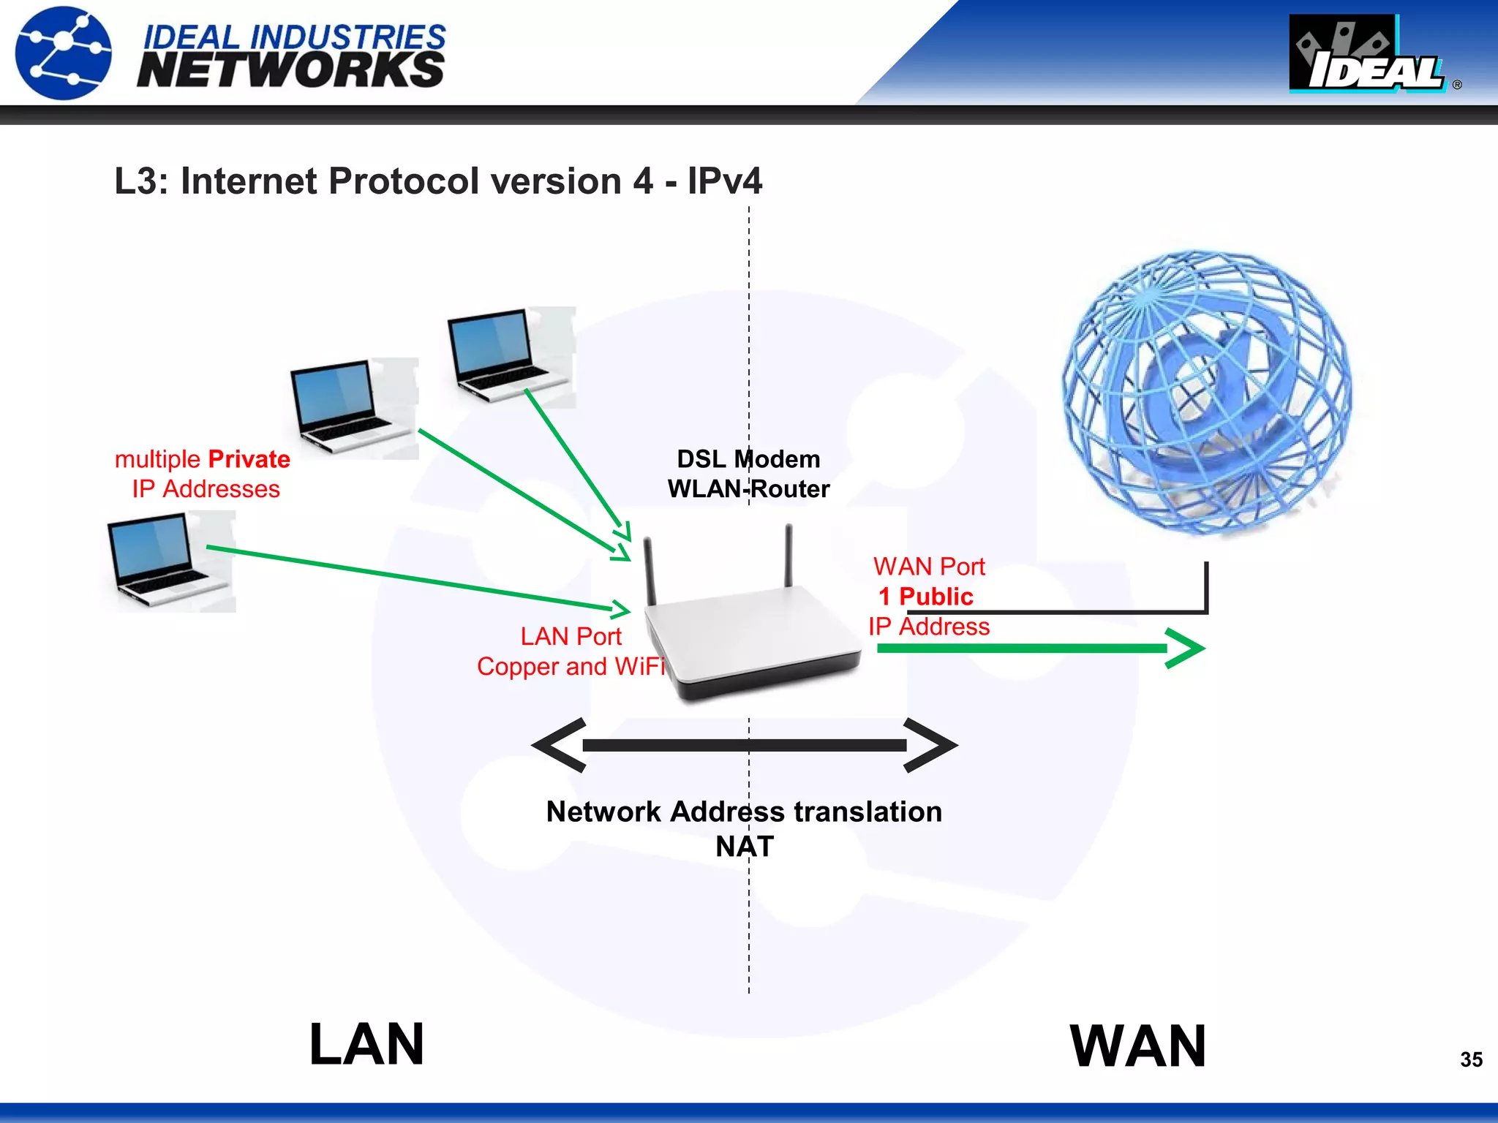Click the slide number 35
click(1471, 1059)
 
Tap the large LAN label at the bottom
click(366, 1045)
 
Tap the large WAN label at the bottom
click(1137, 1046)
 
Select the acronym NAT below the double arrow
click(745, 847)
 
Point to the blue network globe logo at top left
click(64, 53)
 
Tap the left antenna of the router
click(650, 570)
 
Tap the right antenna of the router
click(788, 554)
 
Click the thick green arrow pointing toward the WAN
click(1039, 648)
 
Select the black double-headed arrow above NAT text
click(745, 745)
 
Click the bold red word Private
click(249, 459)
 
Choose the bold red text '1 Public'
click(926, 597)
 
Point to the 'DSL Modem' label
click(748, 459)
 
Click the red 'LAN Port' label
click(571, 636)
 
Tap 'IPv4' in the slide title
click(724, 181)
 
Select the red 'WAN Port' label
click(929, 567)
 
